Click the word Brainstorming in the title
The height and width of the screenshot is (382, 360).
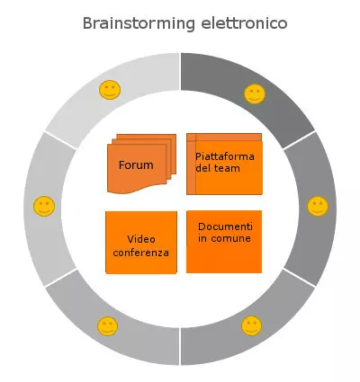(138, 23)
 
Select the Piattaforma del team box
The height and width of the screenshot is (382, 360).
(224, 164)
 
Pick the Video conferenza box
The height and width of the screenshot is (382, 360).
(140, 243)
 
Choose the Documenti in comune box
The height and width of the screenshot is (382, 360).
(224, 241)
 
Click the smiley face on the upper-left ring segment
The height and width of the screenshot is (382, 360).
(110, 90)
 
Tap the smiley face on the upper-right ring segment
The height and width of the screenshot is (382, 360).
(255, 93)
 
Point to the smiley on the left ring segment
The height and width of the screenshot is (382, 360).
(43, 207)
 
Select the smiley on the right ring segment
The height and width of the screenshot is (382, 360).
(317, 206)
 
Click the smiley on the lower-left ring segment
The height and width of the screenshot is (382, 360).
(108, 325)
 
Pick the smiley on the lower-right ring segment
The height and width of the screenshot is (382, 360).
(251, 325)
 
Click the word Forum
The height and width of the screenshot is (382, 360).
(136, 165)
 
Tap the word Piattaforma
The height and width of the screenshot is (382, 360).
(225, 156)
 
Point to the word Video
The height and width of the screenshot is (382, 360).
(141, 239)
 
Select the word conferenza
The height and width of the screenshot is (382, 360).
(140, 253)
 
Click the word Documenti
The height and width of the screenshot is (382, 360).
(225, 226)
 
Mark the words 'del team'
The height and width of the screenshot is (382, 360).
(217, 169)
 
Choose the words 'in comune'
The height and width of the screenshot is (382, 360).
(224, 238)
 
